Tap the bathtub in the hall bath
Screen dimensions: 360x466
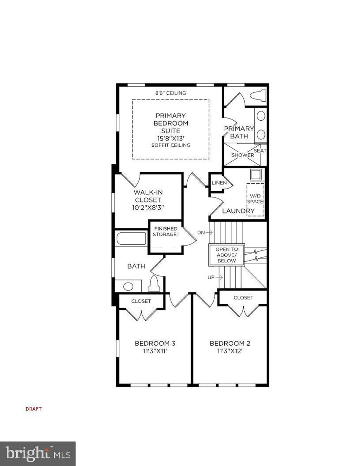click(x=131, y=238)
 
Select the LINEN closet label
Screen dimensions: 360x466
click(x=219, y=183)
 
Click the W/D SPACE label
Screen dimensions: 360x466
click(x=255, y=199)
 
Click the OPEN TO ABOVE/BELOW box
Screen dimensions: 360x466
click(x=227, y=255)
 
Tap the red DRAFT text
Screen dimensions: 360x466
click(x=34, y=409)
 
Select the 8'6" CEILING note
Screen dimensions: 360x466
click(x=171, y=93)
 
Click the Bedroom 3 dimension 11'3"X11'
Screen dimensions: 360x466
click(x=155, y=351)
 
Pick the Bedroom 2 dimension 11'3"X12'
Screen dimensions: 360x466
click(x=230, y=351)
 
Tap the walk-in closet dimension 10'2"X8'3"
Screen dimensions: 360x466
click(x=148, y=208)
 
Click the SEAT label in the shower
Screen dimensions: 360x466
click(x=260, y=151)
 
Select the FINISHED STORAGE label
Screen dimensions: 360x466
click(x=165, y=232)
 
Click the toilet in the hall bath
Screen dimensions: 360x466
click(x=154, y=283)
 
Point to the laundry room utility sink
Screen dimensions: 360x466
click(x=256, y=175)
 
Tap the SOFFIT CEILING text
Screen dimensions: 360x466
click(x=171, y=145)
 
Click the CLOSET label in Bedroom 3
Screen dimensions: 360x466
click(x=141, y=301)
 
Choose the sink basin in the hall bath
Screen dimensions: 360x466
click(x=128, y=286)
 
